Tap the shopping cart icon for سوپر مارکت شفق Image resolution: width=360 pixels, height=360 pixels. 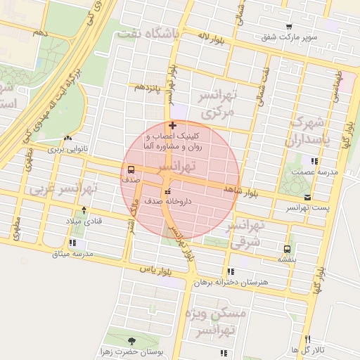[289, 26]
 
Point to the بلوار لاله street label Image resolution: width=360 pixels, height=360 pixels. [212, 35]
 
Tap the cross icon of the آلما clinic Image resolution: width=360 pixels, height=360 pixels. [173, 125]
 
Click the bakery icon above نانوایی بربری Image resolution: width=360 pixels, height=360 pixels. [67, 139]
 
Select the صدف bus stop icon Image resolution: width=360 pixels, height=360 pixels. [131, 169]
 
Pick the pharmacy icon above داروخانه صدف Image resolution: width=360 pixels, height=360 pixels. [167, 191]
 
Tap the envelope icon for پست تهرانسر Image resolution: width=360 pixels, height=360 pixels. [307, 198]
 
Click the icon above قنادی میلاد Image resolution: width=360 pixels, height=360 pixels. [84, 210]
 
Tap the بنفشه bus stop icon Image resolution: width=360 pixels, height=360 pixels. [287, 249]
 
